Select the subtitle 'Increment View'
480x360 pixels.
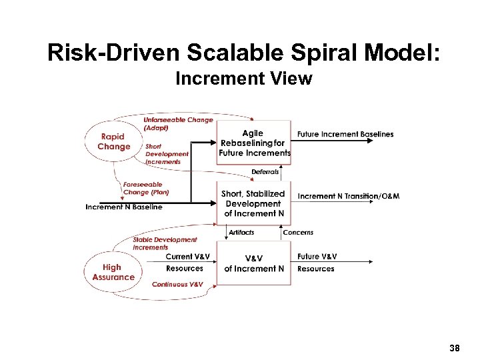point(243,79)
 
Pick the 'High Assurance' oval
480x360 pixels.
point(113,272)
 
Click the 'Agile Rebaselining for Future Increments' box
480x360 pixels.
point(254,143)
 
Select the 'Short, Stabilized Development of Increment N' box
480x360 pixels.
point(253,203)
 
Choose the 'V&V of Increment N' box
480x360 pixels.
point(254,263)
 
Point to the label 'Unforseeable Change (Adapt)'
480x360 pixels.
point(178,123)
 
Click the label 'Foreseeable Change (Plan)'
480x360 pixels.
point(145,188)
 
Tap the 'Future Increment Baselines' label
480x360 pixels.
point(345,134)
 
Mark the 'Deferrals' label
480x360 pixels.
point(265,172)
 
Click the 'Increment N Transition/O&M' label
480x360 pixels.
point(349,196)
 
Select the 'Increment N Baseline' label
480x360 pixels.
point(124,207)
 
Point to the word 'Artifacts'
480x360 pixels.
point(241,232)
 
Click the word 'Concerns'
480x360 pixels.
point(298,232)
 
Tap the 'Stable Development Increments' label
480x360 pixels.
point(165,243)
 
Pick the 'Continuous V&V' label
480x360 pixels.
point(177,285)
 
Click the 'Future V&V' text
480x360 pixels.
point(317,257)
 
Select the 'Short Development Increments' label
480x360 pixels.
point(167,154)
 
